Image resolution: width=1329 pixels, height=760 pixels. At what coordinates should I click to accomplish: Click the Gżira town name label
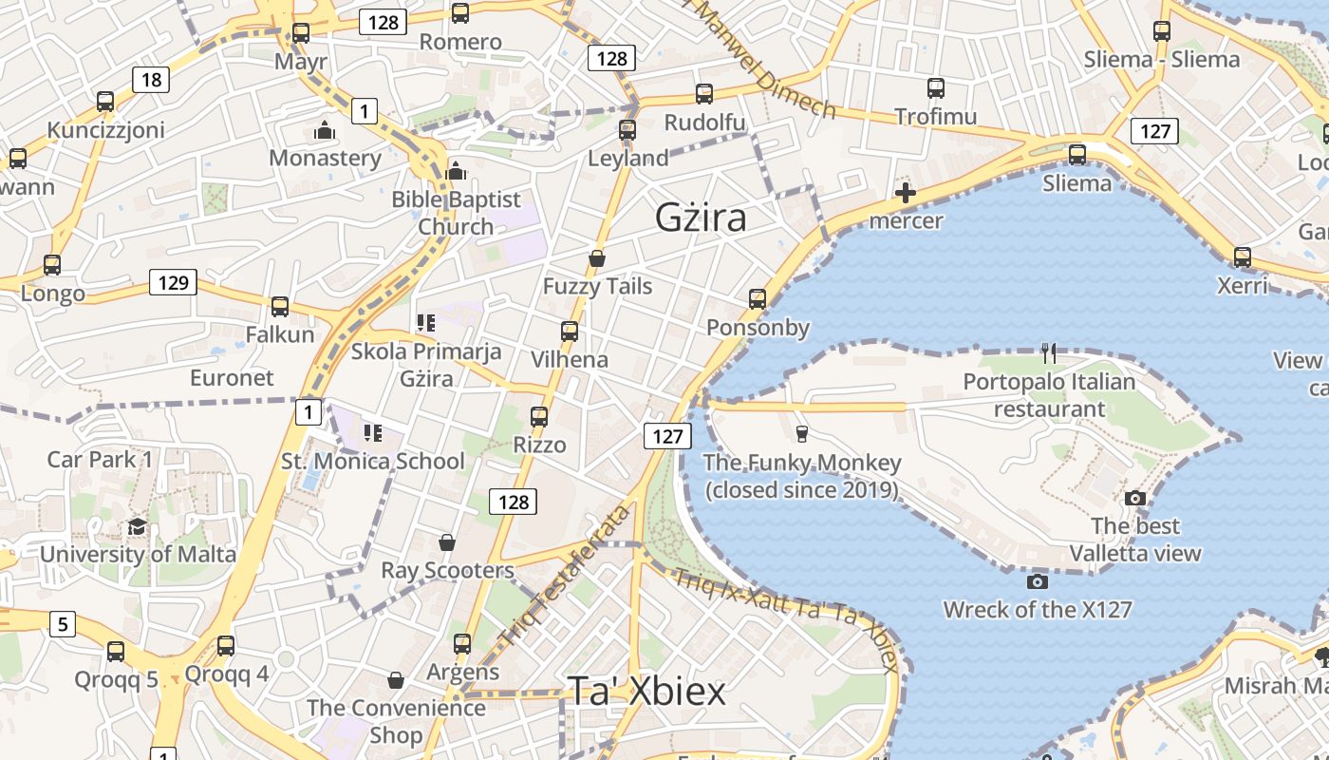pos(701,218)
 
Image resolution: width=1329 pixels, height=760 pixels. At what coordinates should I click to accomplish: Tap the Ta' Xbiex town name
pos(646,691)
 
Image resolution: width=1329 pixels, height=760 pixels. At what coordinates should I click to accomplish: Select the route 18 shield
pos(151,79)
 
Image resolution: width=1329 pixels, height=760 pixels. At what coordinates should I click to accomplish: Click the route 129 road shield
pos(173,282)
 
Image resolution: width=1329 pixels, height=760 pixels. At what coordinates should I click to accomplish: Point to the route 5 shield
pos(62,624)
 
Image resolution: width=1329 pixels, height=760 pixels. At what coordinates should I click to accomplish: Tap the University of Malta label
pos(138,554)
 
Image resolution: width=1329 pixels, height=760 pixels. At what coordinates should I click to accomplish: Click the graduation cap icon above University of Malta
pos(138,527)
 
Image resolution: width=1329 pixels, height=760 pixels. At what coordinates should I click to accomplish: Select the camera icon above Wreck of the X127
pos(1037,580)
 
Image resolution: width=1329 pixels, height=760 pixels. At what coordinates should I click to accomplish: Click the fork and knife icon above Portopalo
pos(1049,353)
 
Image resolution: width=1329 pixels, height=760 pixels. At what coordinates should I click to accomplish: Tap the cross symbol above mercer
pos(906,194)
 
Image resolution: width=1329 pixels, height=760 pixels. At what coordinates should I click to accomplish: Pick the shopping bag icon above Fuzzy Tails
pos(597,258)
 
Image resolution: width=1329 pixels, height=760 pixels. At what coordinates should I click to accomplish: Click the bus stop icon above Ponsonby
pos(758,299)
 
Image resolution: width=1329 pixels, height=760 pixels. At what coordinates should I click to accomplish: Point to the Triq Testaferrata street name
pos(567,577)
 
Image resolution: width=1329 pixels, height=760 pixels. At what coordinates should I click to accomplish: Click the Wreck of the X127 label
pos(1038,609)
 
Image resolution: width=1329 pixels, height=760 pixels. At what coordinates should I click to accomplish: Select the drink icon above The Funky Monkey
pos(802,434)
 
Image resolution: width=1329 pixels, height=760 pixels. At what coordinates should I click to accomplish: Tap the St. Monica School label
pos(373,462)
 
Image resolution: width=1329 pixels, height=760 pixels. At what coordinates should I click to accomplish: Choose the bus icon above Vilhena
pos(570,332)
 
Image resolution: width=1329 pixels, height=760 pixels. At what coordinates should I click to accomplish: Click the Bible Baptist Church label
pos(457,213)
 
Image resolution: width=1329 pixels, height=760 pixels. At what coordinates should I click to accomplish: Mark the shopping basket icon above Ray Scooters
pos(447,542)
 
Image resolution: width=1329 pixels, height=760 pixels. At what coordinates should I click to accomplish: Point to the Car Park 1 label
pos(100,460)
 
